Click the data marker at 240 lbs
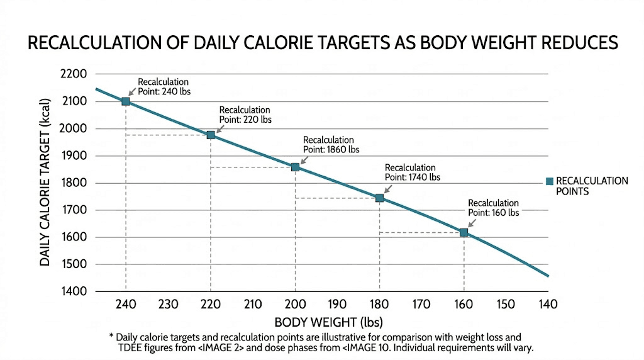point(126,101)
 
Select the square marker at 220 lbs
point(211,135)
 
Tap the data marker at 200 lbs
point(295,167)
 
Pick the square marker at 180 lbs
point(379,198)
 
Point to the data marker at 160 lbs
point(464,233)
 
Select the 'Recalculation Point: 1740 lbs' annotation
point(413,172)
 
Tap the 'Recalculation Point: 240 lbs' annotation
point(164,87)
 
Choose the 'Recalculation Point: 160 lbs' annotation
point(494,208)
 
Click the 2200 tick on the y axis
point(73,74)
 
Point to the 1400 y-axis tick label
point(73,292)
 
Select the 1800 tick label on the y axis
point(73,183)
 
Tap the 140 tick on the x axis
point(548,305)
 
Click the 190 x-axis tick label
point(337,305)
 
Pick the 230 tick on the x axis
point(168,305)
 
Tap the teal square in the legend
point(549,181)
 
